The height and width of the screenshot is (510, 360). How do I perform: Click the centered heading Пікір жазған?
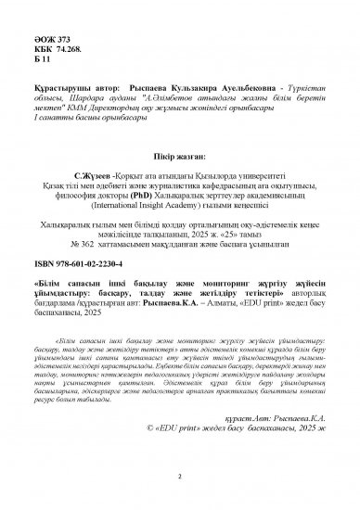tap(179, 154)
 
